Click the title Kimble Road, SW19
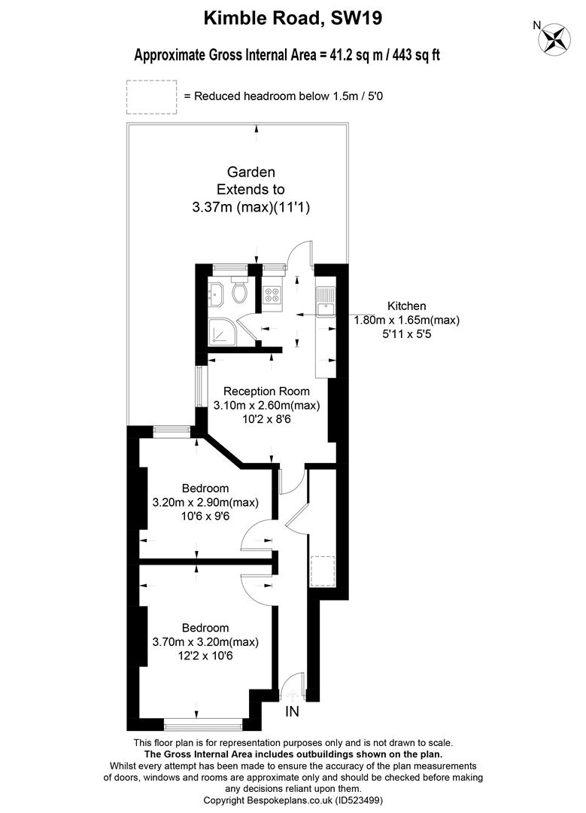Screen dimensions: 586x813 click(293, 18)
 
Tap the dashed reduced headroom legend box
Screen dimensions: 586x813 click(152, 97)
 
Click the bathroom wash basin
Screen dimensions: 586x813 click(216, 297)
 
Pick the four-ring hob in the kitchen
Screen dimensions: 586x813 click(272, 294)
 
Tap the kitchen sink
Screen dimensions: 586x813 click(326, 303)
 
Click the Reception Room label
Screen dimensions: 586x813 click(266, 391)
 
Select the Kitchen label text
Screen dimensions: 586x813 click(407, 306)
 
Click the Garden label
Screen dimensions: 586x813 click(250, 172)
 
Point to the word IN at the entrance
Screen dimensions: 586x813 click(292, 712)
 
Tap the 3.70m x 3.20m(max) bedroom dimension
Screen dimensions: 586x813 click(205, 642)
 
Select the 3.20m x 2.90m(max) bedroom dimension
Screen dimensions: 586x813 click(205, 502)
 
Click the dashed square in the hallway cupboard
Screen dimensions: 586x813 click(322, 571)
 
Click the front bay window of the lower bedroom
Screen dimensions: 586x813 click(203, 724)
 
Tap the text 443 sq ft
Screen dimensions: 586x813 click(417, 55)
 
